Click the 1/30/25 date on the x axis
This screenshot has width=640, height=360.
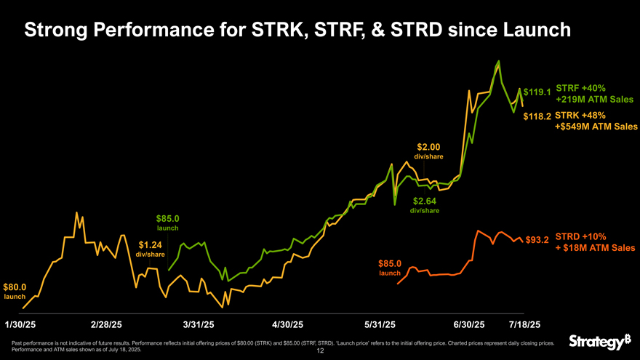pos(20,324)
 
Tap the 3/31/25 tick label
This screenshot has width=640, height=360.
pos(199,324)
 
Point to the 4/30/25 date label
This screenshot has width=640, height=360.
pos(287,324)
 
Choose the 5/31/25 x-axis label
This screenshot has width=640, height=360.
pos(380,324)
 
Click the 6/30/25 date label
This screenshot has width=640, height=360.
pos(468,324)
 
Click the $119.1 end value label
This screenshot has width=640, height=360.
pos(537,92)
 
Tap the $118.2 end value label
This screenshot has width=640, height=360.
pos(537,116)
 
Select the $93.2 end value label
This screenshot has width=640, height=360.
pos(537,239)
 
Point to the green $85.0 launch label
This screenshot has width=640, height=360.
pos(167,218)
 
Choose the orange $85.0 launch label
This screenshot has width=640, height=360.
pos(390,263)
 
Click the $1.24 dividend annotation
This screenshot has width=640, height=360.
pos(150,245)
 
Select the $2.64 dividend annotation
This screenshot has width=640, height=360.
pos(425,201)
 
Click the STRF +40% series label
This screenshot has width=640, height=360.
pos(580,88)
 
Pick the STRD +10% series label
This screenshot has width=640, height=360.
pos(580,236)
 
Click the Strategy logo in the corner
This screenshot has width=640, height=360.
pos(598,341)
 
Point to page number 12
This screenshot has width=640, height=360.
pos(320,351)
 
